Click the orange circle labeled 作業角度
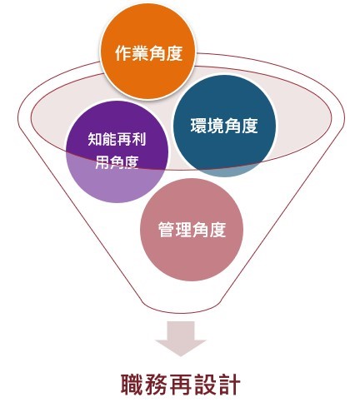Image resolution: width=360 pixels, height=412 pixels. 148,52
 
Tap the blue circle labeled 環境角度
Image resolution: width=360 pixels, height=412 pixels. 224,126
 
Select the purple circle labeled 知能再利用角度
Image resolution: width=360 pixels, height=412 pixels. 117,151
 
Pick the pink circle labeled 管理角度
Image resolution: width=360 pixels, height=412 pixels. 192,230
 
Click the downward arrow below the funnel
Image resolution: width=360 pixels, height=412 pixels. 181,339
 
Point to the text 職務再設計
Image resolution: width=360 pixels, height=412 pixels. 180,385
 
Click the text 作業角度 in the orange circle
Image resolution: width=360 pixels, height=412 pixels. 148,53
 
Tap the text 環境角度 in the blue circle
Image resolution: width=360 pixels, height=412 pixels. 224,126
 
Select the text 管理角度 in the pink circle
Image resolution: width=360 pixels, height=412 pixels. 192,230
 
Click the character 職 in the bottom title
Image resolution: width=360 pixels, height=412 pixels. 132,385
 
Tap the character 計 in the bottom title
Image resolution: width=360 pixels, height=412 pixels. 229,385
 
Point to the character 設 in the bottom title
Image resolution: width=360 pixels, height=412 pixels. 205,385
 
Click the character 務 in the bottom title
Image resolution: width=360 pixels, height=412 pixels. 156,385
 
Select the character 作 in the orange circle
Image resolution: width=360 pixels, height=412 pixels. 123,53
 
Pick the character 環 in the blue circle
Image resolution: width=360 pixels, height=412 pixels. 199,126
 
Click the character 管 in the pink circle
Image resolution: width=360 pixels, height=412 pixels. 167,230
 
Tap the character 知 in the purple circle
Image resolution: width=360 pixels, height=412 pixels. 95,139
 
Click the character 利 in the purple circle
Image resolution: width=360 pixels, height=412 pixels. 139,139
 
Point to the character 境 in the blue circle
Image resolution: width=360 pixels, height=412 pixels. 216,126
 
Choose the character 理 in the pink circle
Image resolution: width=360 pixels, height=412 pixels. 183,230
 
